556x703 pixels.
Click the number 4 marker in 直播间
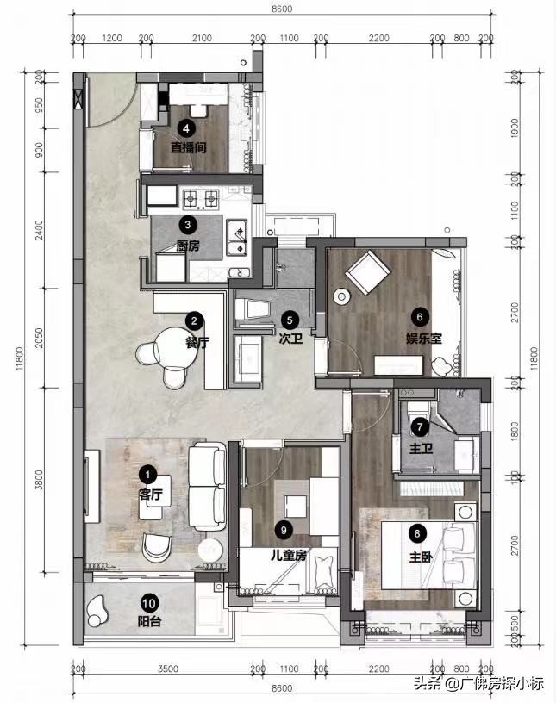tap(186, 128)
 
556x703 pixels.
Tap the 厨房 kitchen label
tap(188, 246)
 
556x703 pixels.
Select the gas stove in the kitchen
tap(201, 198)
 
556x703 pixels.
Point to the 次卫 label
tap(290, 339)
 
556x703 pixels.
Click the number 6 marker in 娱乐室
tap(420, 317)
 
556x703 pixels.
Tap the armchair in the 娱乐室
tap(367, 271)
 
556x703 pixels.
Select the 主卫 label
tap(421, 448)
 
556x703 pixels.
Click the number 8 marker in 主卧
tap(417, 533)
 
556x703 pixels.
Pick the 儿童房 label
tap(289, 555)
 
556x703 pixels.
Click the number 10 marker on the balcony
tap(149, 603)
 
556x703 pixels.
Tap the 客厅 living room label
tap(151, 495)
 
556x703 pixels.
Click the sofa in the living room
tap(207, 487)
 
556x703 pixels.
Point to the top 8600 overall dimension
tap(282, 9)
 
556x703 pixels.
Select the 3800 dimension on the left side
tap(39, 480)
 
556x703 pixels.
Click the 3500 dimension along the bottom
tap(168, 669)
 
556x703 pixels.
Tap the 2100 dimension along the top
tap(202, 38)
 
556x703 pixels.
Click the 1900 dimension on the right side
tap(515, 128)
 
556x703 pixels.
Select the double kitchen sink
tap(237, 237)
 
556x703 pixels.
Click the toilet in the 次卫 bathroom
tap(253, 309)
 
